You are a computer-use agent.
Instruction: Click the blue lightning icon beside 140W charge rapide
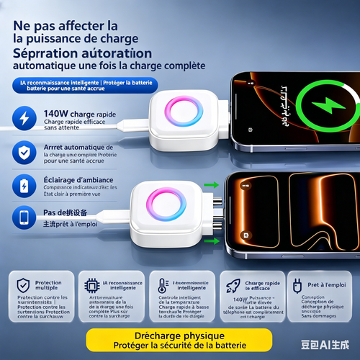click(24, 118)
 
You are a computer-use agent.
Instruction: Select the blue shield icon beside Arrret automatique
click(24, 152)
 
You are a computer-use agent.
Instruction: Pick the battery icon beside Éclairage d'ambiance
click(24, 185)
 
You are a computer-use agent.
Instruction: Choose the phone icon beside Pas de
click(24, 217)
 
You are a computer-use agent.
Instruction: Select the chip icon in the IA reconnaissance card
click(92, 284)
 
